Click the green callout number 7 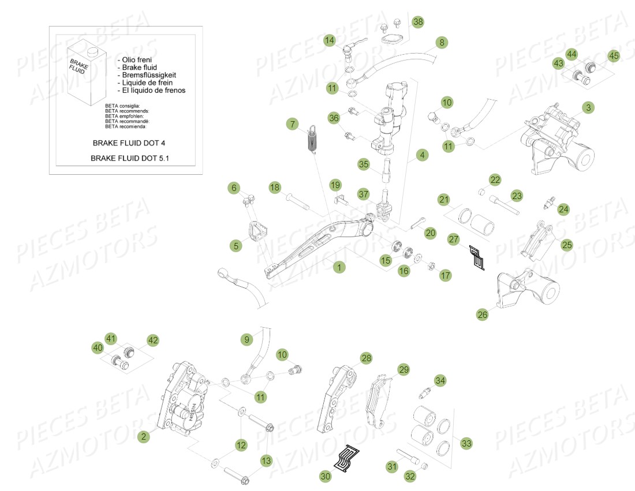293,123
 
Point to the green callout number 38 417,22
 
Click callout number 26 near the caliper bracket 483,314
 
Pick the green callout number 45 613,56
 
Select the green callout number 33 466,443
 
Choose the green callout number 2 143,437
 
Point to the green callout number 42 152,340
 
